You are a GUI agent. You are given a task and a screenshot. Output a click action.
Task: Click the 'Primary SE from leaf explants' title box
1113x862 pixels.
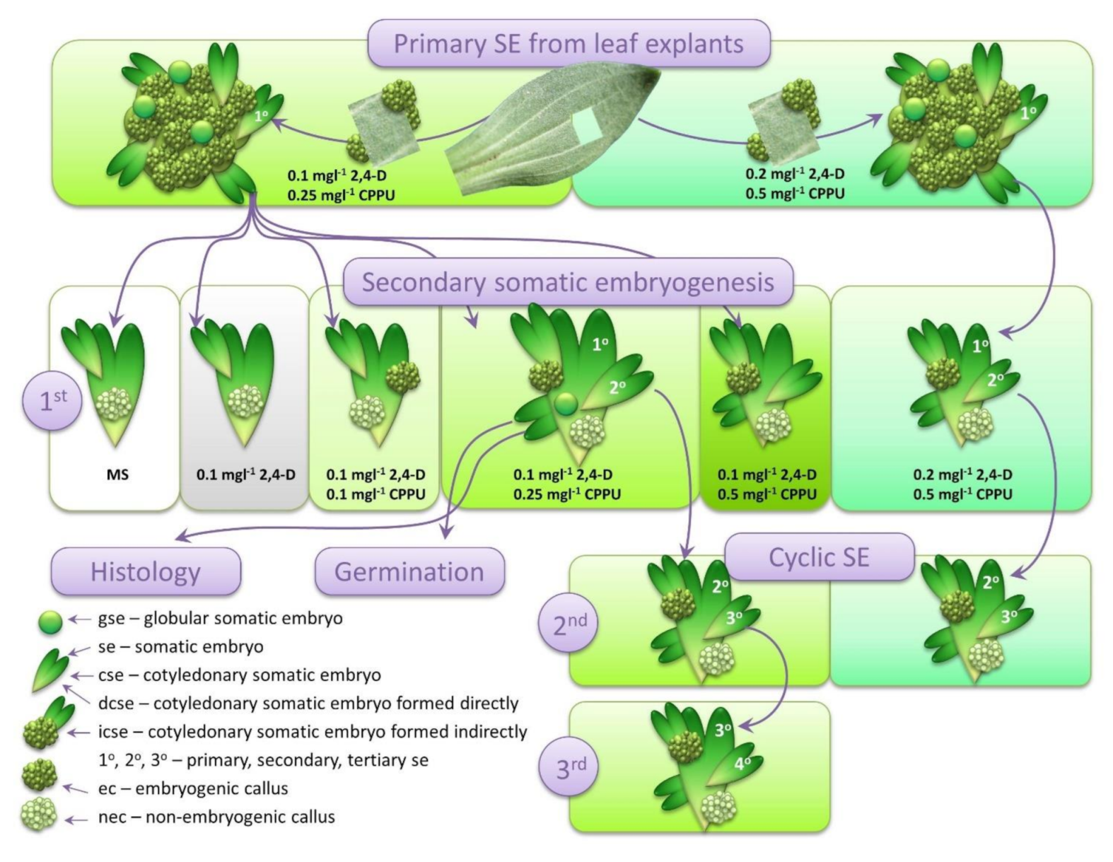tap(568, 44)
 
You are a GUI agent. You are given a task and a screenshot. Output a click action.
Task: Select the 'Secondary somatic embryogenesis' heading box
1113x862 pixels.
tap(568, 282)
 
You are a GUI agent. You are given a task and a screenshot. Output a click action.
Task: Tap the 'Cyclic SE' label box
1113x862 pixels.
tap(819, 557)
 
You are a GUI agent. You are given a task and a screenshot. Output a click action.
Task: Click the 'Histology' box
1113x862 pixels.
tap(146, 571)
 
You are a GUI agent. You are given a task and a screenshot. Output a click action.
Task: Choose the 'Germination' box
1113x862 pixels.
tap(409, 571)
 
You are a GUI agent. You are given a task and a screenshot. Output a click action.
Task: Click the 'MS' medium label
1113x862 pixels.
tap(117, 474)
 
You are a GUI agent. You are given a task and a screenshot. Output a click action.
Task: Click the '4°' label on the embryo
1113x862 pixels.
tap(742, 763)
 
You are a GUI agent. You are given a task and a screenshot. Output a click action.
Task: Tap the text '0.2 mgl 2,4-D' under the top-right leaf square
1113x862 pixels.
tap(794, 175)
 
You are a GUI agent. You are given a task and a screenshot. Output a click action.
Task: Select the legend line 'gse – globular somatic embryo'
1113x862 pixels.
tap(220, 618)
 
